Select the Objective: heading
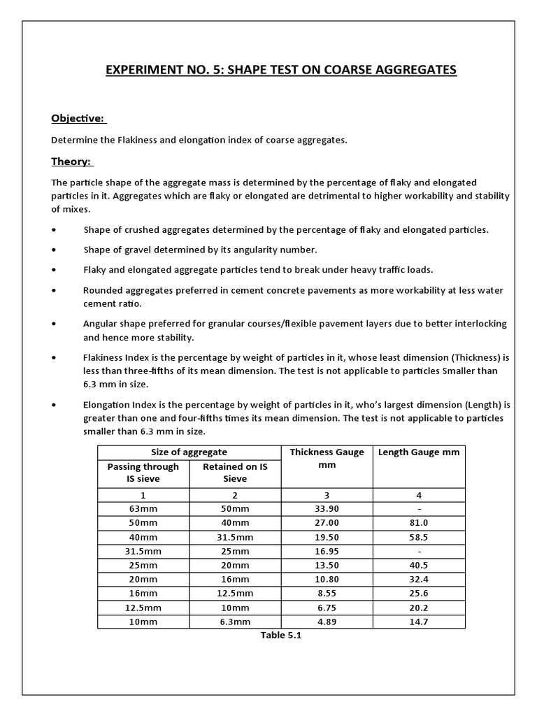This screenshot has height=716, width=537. point(78,117)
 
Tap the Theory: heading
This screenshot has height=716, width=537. point(71,162)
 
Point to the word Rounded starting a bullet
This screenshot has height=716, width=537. point(103,289)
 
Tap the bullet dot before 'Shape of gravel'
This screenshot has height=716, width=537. point(55,250)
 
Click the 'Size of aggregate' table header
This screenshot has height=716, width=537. point(189,452)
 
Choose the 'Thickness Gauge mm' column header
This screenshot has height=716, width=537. point(327,458)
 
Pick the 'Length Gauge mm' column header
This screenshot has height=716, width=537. point(419,452)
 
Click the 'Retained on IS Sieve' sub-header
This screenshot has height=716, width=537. point(235,473)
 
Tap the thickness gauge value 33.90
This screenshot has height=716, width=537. point(327,508)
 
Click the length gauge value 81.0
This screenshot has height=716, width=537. point(419,522)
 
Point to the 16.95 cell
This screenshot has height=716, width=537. point(327,551)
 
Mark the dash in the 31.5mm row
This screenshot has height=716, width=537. point(419,551)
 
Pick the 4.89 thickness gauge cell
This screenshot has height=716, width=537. point(327,622)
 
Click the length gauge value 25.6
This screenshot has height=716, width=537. point(419,594)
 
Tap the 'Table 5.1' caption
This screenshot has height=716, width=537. point(281,636)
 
